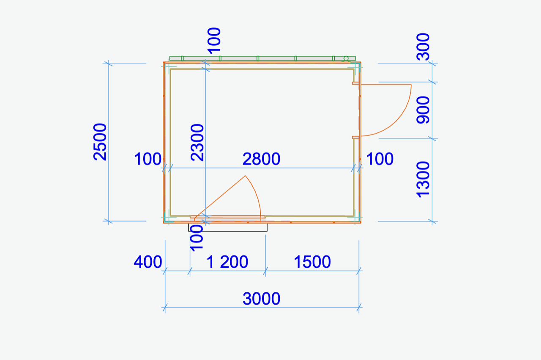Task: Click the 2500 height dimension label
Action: tap(100, 142)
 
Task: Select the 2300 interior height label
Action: tap(197, 143)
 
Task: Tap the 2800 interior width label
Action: tap(261, 159)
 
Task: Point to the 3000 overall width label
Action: tap(261, 299)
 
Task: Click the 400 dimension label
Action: tap(148, 262)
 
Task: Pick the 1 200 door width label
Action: tap(227, 262)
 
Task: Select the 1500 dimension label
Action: tap(312, 262)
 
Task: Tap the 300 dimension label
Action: tap(423, 47)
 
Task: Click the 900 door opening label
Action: tap(423, 110)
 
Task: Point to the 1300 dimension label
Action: tap(423, 179)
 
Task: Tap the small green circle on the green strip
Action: tap(346, 58)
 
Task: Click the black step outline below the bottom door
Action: tap(228, 231)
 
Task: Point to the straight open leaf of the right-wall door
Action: tap(385, 85)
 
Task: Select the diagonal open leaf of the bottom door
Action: tap(220, 197)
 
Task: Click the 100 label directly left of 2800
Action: tap(148, 159)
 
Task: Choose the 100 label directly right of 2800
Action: tap(380, 159)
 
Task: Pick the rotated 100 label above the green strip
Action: tap(214, 40)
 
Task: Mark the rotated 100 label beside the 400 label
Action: tap(197, 238)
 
